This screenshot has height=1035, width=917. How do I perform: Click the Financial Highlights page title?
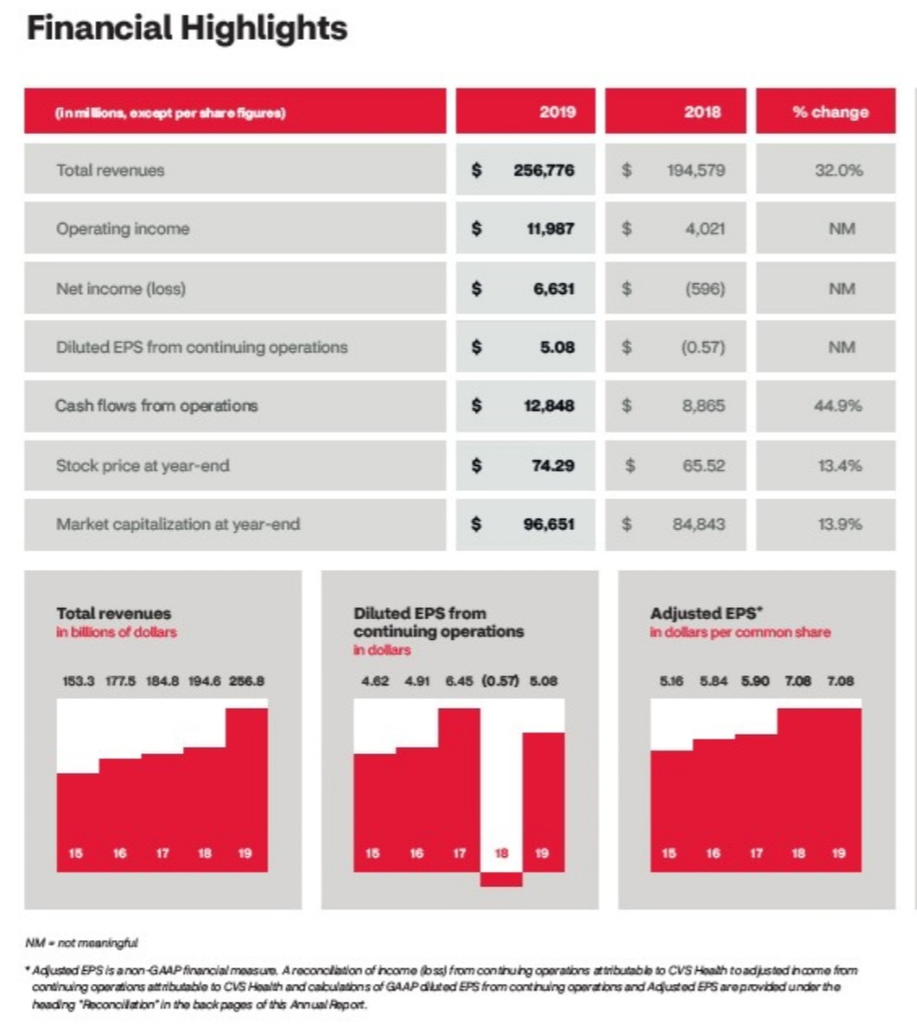187,29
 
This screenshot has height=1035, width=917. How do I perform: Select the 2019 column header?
558,112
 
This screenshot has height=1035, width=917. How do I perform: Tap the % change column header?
830,112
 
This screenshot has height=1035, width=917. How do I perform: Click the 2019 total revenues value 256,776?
543,170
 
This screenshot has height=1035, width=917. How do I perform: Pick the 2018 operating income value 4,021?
705,229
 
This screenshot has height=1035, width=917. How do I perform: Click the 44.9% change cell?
840,406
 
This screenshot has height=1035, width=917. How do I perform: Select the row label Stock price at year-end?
142,465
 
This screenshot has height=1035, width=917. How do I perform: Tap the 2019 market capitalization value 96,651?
548,524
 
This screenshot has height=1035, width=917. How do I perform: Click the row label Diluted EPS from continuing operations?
202,347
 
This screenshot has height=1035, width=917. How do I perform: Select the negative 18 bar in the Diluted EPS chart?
501,879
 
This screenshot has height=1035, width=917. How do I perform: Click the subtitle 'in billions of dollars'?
116,632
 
